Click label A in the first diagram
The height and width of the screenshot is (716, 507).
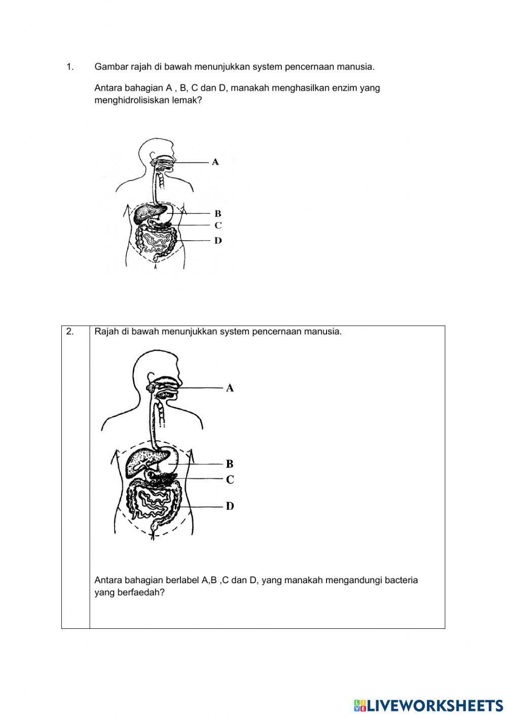click(x=215, y=162)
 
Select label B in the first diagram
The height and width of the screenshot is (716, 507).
click(x=218, y=214)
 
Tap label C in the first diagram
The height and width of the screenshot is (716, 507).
click(x=218, y=225)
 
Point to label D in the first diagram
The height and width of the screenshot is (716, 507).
click(x=218, y=241)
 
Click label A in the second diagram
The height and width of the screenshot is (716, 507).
click(x=230, y=388)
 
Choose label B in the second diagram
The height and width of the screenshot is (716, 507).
click(x=230, y=464)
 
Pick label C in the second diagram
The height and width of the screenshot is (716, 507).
click(x=230, y=479)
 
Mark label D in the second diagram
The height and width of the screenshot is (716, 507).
click(x=230, y=506)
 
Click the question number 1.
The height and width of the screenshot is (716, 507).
click(x=70, y=67)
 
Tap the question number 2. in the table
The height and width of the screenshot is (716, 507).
click(x=70, y=332)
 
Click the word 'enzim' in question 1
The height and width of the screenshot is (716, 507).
click(x=344, y=88)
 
